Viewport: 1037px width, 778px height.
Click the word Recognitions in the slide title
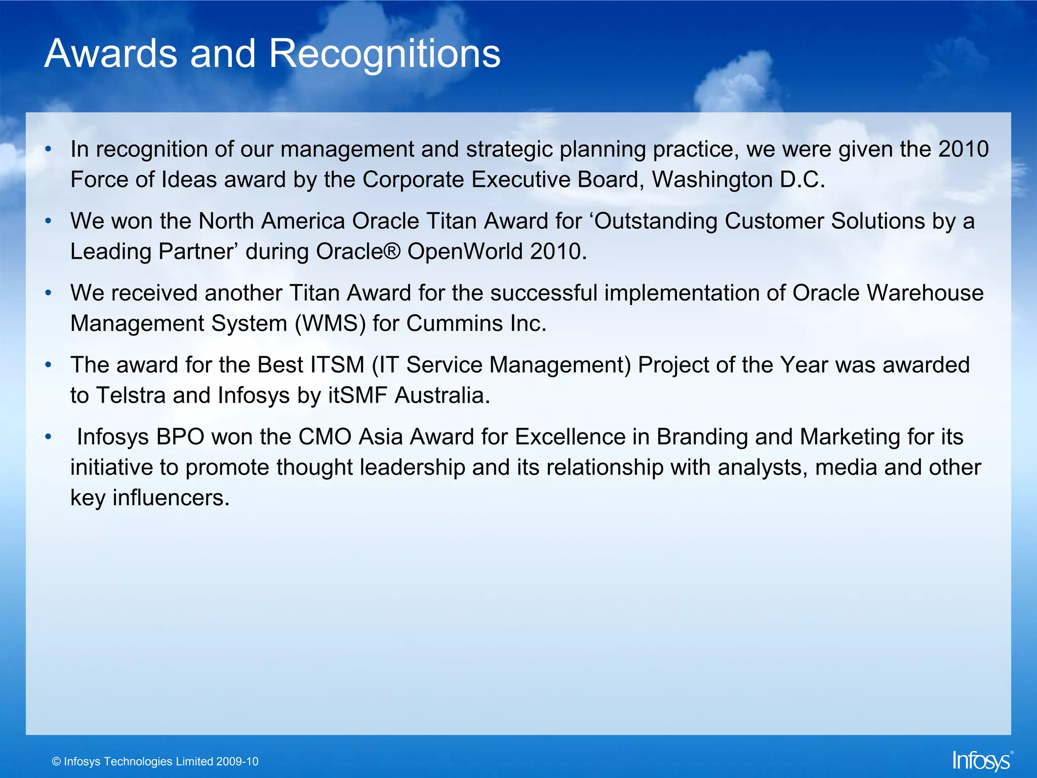pyautogui.click(x=384, y=54)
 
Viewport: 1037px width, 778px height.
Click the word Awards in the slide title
pyautogui.click(x=111, y=54)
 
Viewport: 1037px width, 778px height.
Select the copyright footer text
pyautogui.click(x=155, y=761)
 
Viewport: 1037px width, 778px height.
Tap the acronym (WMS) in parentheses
pyautogui.click(x=330, y=324)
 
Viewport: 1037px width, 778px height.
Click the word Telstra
pyautogui.click(x=131, y=396)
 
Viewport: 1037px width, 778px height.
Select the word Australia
pyautogui.click(x=442, y=396)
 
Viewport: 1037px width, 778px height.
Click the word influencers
pyautogui.click(x=171, y=498)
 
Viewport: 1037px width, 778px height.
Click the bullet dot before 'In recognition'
pyautogui.click(x=48, y=149)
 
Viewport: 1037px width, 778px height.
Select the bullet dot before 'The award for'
pyautogui.click(x=48, y=365)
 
